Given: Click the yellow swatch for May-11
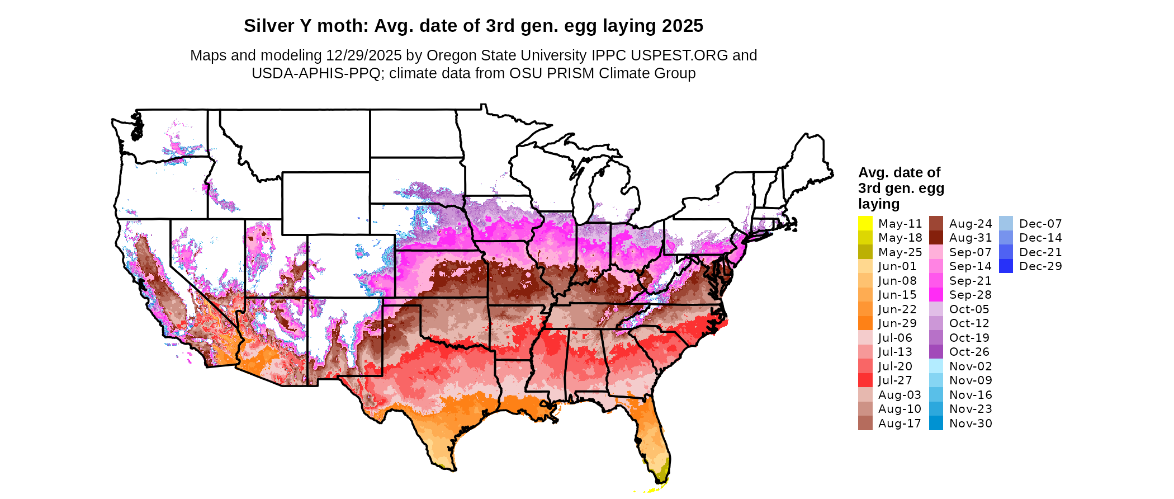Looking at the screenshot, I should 865,223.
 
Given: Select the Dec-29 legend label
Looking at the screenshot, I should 1040,266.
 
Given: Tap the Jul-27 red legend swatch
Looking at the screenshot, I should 865,380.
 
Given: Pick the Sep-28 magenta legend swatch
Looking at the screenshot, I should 936,295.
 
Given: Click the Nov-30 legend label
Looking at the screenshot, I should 971,423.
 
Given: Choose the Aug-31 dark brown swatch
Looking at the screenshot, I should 936,238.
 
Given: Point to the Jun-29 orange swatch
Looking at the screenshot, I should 865,323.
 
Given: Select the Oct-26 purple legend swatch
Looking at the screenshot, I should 936,352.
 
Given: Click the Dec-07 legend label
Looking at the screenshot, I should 1040,224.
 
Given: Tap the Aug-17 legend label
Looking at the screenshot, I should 900,423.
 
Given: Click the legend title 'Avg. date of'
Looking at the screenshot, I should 899,172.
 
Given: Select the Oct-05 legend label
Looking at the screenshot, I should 969,309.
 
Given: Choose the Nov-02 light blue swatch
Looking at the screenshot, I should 936,366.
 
